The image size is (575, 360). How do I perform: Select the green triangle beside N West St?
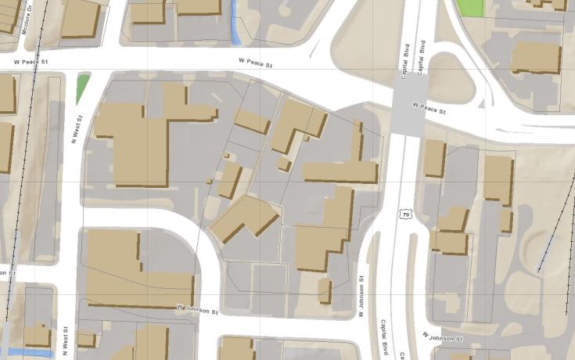coord(82,88)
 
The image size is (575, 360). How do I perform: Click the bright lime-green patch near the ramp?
coord(470,7)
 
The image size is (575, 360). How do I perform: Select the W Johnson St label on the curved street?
coord(196,310)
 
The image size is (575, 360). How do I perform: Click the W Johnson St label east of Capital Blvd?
coord(443,337)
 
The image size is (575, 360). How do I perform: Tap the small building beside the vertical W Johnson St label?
coord(325,290)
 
